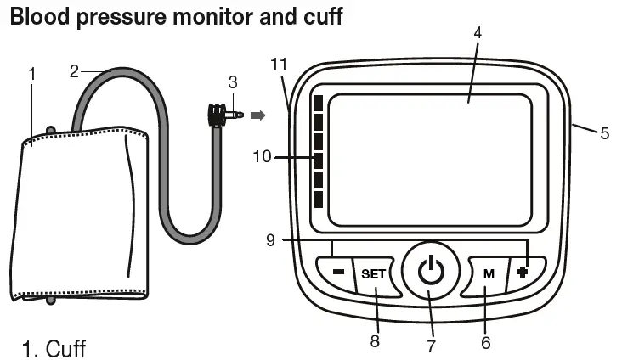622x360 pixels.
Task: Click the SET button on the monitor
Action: coord(373,274)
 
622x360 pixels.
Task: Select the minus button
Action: coord(337,273)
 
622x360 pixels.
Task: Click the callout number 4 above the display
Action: coord(478,32)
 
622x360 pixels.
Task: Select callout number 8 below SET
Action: coord(374,340)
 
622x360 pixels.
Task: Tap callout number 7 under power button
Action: coord(431,346)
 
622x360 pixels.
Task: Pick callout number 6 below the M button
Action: coord(485,342)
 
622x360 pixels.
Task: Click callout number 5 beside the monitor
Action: coord(604,133)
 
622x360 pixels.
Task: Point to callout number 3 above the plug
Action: coord(233,83)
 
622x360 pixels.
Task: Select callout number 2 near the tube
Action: coord(75,71)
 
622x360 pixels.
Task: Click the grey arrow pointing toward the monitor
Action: coord(257,114)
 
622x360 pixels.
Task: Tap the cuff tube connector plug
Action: coord(221,115)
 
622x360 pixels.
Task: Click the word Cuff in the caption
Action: coord(65,348)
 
